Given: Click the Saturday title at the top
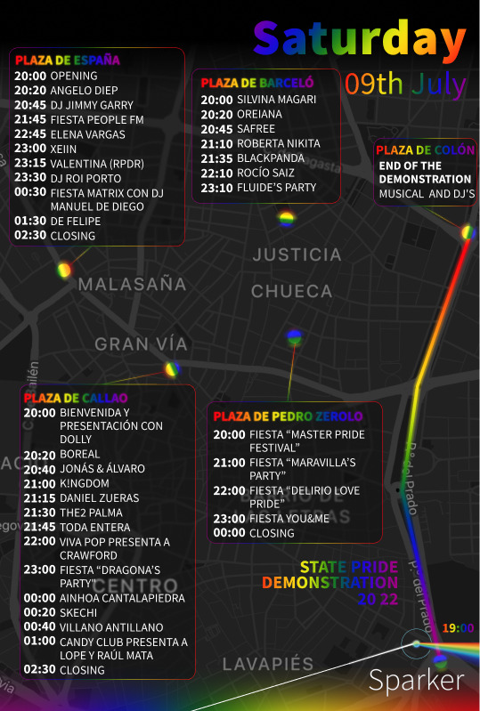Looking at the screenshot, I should click(360, 40).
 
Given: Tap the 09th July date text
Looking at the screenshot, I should click(405, 84).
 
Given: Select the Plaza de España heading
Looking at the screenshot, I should click(68, 61).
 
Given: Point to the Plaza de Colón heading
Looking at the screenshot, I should click(425, 150).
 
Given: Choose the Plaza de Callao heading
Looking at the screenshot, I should click(76, 398).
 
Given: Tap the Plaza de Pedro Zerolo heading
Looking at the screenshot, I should click(288, 416).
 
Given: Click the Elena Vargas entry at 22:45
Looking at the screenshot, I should click(87, 134).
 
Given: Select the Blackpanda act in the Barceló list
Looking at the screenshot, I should click(271, 158).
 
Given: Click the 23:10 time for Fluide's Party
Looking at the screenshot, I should click(216, 188).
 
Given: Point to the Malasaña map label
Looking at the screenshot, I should click(133, 285).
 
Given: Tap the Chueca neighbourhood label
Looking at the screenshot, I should click(291, 291).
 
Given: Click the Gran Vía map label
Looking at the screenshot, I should click(142, 343).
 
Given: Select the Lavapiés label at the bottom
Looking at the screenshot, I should click(268, 664).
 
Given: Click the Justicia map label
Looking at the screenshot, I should click(297, 255).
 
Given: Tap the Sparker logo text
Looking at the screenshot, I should click(416, 681).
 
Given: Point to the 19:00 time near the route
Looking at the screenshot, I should click(458, 628).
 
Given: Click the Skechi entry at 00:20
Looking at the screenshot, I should click(80, 612).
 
